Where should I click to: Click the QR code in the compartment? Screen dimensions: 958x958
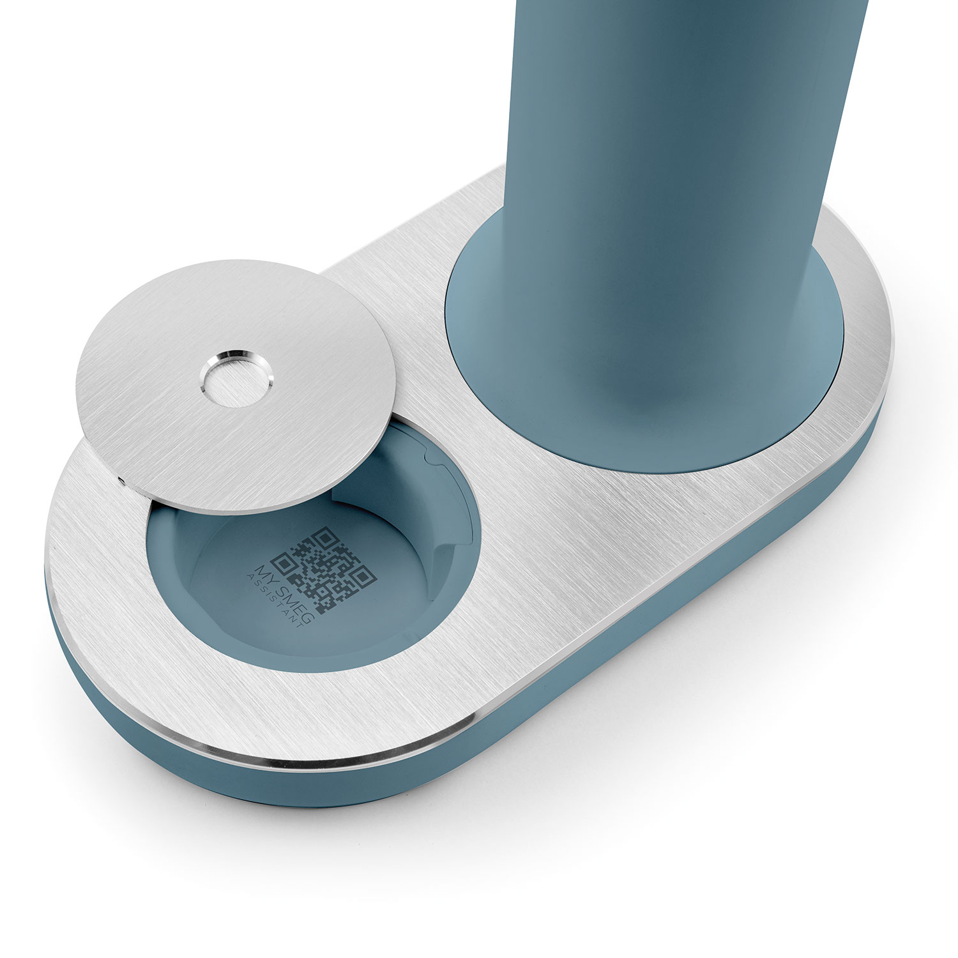coord(323,570)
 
